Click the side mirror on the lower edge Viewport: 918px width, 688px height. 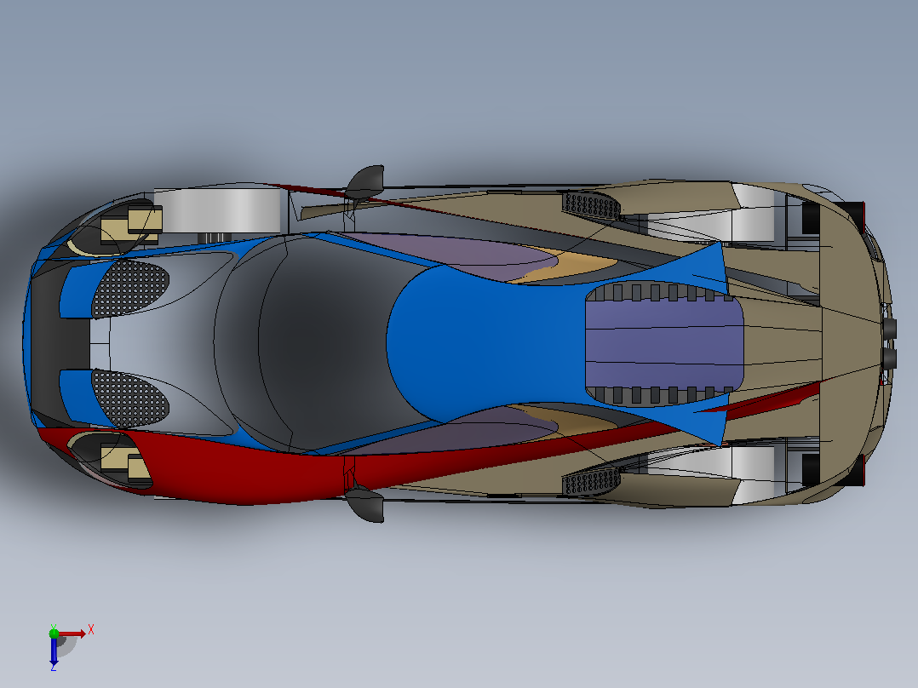tap(366, 505)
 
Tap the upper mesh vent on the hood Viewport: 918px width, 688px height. tap(130, 288)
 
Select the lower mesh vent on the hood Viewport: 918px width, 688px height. tap(130, 398)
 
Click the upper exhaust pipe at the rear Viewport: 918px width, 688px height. tap(889, 329)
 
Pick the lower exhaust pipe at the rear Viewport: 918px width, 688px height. tap(889, 358)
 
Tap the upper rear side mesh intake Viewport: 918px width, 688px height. tap(591, 205)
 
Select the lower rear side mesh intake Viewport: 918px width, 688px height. tap(591, 482)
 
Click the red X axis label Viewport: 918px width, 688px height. tap(91, 630)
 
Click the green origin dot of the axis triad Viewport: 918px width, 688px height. tap(54, 633)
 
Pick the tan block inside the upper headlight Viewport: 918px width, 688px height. tap(130, 226)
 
